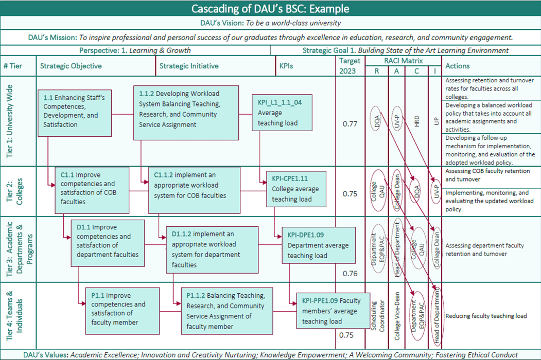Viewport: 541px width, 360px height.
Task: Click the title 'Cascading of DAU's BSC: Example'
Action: coord(270,9)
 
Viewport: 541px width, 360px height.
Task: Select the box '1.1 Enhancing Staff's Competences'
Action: coord(74,111)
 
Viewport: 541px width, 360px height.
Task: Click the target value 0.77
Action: coord(350,123)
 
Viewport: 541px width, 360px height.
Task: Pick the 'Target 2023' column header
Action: coord(350,66)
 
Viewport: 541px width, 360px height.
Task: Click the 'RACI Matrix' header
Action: coord(404,61)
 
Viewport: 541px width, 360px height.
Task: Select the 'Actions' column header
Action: coord(458,66)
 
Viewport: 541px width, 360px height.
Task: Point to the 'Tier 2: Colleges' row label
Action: coord(15,191)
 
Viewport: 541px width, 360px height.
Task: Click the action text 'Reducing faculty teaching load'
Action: coord(486,316)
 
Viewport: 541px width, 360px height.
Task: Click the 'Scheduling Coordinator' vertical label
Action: coord(378,315)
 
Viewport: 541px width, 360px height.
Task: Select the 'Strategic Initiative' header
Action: coord(189,66)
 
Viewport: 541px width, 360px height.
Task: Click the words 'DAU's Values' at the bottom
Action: coord(46,355)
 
